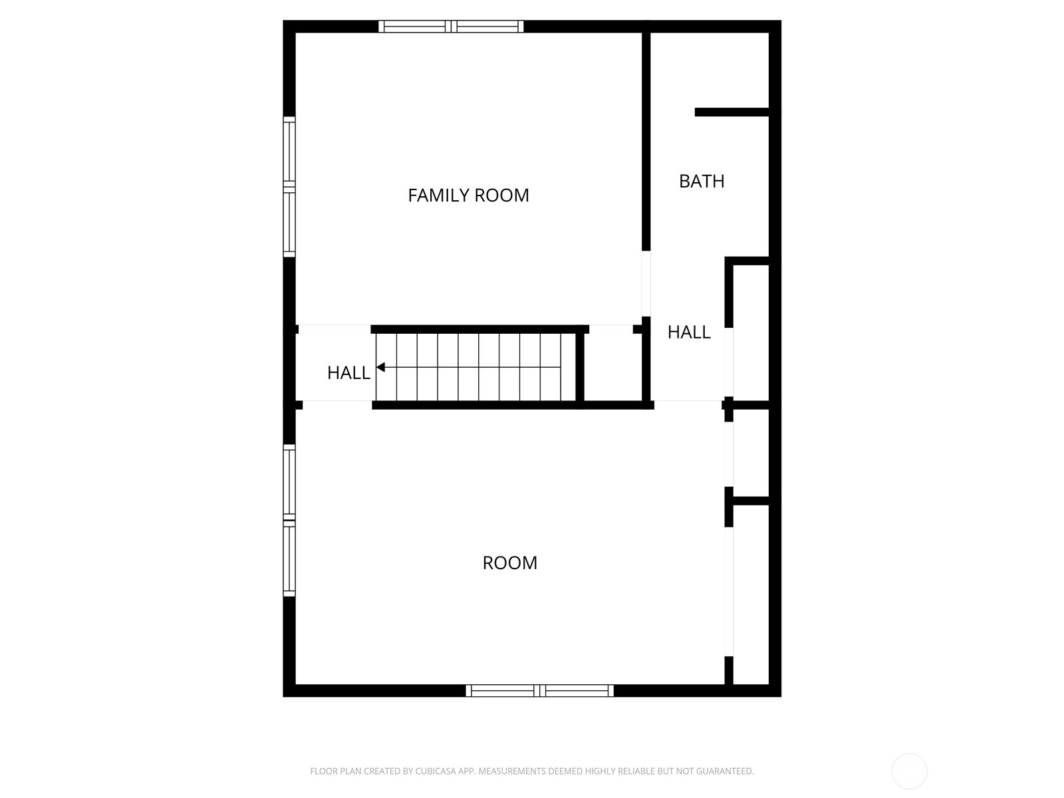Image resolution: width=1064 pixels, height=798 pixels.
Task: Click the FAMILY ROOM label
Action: pyautogui.click(x=468, y=196)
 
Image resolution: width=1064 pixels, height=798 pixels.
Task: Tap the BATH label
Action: pyautogui.click(x=702, y=181)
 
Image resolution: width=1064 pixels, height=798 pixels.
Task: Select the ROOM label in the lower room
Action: pyautogui.click(x=510, y=563)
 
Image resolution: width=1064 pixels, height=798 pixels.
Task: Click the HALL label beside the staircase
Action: pyautogui.click(x=348, y=372)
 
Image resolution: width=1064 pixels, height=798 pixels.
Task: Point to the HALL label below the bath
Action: pyautogui.click(x=689, y=332)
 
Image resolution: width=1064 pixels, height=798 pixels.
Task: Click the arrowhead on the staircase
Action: pyautogui.click(x=380, y=367)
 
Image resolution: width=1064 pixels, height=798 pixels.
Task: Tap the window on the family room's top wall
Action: pyautogui.click(x=451, y=26)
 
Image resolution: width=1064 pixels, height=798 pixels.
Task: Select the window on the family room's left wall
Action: pyautogui.click(x=289, y=187)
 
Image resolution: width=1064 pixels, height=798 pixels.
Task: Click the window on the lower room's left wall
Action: pyautogui.click(x=289, y=521)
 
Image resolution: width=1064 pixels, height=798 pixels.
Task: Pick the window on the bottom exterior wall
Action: pyautogui.click(x=539, y=690)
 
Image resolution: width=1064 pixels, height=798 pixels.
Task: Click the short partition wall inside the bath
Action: pyautogui.click(x=732, y=112)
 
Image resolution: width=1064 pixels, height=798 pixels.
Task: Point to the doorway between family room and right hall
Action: pyautogui.click(x=646, y=284)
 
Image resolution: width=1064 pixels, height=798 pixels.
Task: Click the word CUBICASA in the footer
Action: pyautogui.click(x=434, y=771)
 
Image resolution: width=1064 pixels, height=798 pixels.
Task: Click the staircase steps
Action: pyautogui.click(x=475, y=367)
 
